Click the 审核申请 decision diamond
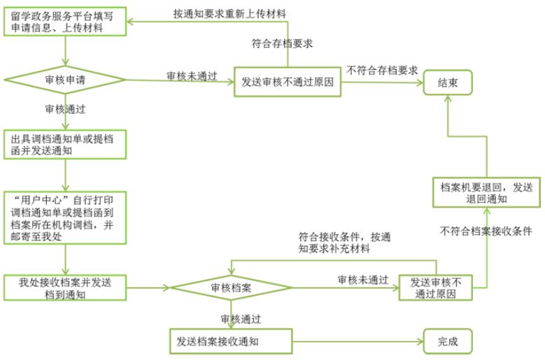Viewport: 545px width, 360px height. pyautogui.click(x=65, y=80)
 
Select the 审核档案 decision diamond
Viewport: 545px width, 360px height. pyautogui.click(x=231, y=287)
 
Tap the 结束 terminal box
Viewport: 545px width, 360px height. pyautogui.click(x=448, y=82)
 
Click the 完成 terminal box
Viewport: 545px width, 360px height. pyautogui.click(x=448, y=341)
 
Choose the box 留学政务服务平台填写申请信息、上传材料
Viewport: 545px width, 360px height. pyautogui.click(x=65, y=22)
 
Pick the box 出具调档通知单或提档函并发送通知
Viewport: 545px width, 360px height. pyautogui.click(x=65, y=145)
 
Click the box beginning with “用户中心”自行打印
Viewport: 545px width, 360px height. pyautogui.click(x=65, y=217)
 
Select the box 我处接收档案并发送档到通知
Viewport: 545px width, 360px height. pyautogui.click(x=65, y=288)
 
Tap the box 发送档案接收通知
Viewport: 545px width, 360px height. pyautogui.click(x=231, y=341)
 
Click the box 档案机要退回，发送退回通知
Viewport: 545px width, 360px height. pyautogui.click(x=486, y=193)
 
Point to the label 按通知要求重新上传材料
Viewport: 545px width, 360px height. pyautogui.click(x=229, y=14)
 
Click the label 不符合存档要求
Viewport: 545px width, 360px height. pyautogui.click(x=382, y=71)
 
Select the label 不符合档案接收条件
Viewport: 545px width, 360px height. pyautogui.click(x=486, y=231)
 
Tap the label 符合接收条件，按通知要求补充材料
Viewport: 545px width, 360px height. pyautogui.click(x=344, y=243)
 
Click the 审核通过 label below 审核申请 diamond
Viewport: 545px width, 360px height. pyautogui.click(x=65, y=109)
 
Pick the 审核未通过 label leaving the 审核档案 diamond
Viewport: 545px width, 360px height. pyautogui.click(x=363, y=280)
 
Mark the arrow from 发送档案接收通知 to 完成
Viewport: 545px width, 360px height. pyautogui.click(x=358, y=342)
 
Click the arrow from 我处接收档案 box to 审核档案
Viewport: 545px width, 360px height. pyautogui.click(x=148, y=288)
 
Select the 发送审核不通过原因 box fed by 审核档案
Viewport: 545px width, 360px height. pyautogui.click(x=436, y=288)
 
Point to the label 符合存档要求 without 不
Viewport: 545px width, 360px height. pyautogui.click(x=282, y=43)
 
